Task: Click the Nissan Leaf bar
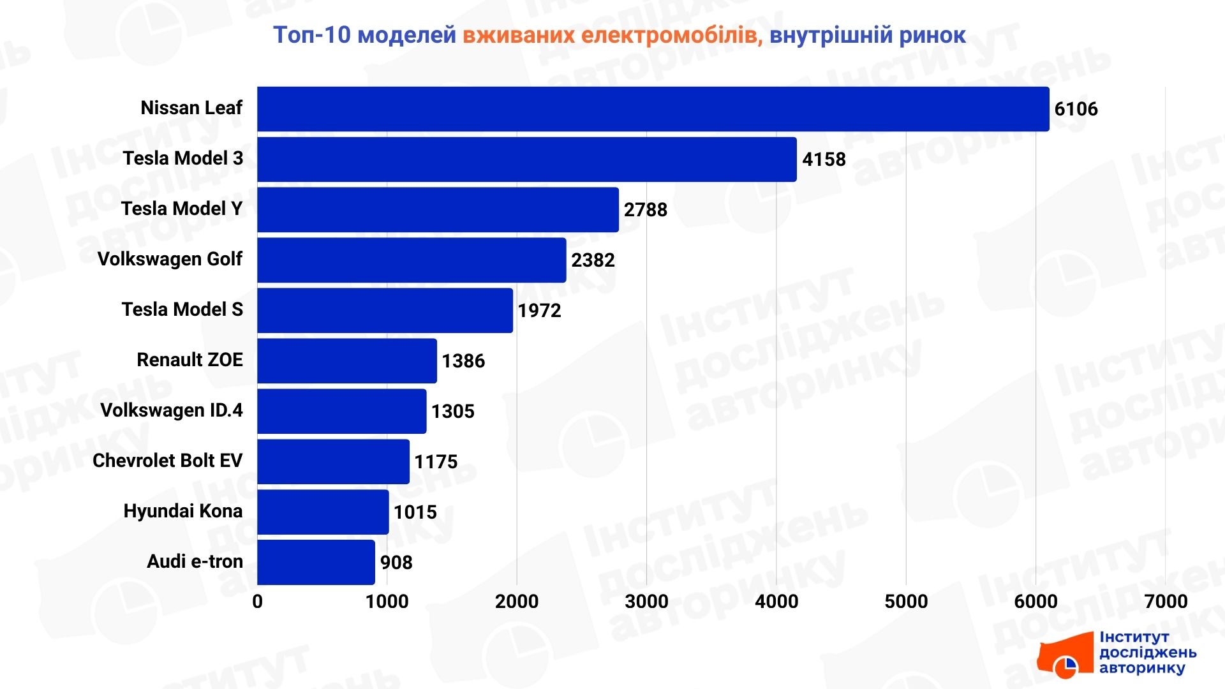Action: (653, 109)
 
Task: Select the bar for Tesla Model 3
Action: (527, 159)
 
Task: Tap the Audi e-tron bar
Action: (316, 562)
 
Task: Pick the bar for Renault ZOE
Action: (347, 361)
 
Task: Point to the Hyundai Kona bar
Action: (323, 512)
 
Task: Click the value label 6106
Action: (1076, 109)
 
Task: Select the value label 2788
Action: (645, 210)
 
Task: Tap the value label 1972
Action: (539, 311)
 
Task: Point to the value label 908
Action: (396, 563)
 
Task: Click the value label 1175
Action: (436, 462)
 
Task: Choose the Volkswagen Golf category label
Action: (170, 259)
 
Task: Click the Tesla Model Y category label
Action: (182, 209)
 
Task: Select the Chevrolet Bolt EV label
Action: (167, 461)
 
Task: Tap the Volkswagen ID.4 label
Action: (171, 410)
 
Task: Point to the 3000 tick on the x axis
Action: (646, 601)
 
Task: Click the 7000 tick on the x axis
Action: (1166, 601)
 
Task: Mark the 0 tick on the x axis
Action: (257, 601)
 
